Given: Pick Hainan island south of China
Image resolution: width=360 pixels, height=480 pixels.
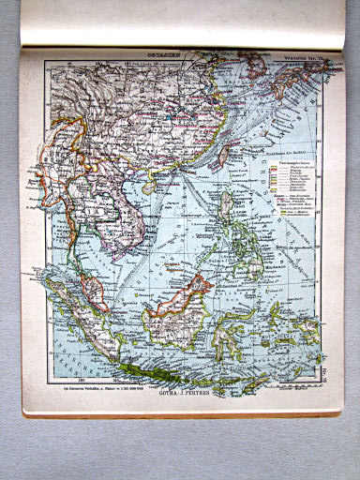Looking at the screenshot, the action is pyautogui.click(x=149, y=187).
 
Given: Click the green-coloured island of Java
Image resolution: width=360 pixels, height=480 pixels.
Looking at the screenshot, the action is pyautogui.click(x=164, y=357).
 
